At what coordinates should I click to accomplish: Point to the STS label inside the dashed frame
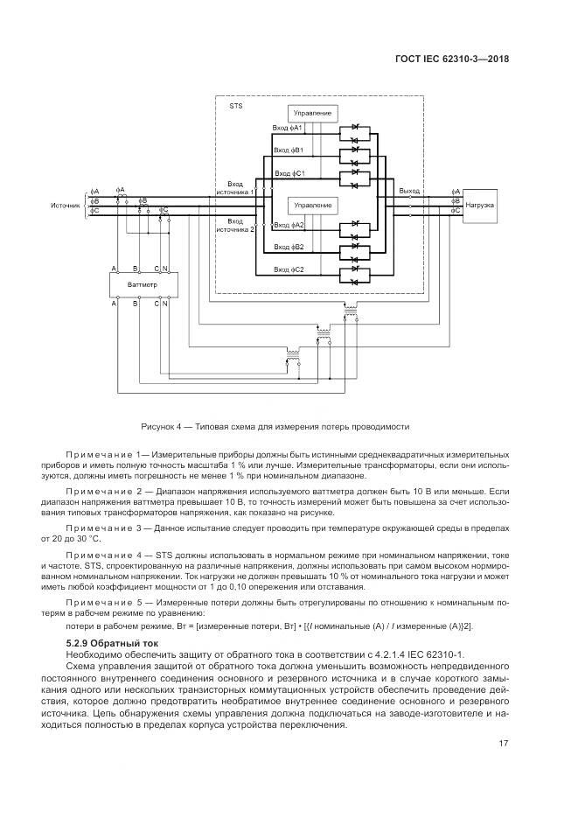pyautogui.click(x=235, y=105)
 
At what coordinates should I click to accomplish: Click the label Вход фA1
pyautogui.click(x=288, y=129)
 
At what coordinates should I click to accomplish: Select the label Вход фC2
pyautogui.click(x=289, y=269)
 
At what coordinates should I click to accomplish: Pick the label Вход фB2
pyautogui.click(x=289, y=248)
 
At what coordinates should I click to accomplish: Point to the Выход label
pyautogui.click(x=409, y=190)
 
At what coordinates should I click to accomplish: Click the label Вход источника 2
pyautogui.click(x=236, y=226)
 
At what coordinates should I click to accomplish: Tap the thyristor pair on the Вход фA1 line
pyautogui.click(x=356, y=134)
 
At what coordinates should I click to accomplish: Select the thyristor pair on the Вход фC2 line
pyautogui.click(x=356, y=275)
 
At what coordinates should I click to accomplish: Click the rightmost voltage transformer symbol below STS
pyautogui.click(x=351, y=311)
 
